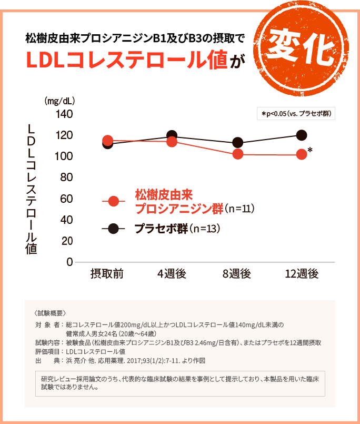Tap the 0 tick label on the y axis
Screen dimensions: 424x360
click(69, 262)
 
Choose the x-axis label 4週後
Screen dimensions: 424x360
click(172, 274)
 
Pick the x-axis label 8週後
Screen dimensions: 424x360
click(237, 274)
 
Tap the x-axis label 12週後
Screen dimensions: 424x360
click(302, 274)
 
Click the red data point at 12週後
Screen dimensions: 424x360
click(302, 154)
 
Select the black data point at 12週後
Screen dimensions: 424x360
click(302, 135)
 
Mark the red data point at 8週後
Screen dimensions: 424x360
click(237, 154)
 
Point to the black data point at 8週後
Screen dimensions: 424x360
click(237, 143)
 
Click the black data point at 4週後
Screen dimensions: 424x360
click(172, 136)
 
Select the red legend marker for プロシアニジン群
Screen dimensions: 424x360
click(114, 201)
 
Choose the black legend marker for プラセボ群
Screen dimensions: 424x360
click(114, 229)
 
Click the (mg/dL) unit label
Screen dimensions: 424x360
click(59, 101)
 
